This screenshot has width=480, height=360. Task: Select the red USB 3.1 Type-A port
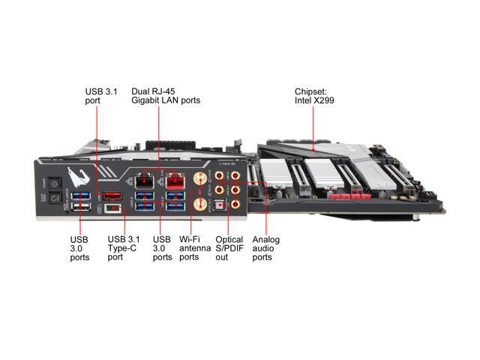[x=112, y=196]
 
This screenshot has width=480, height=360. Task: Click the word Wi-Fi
[x=188, y=239]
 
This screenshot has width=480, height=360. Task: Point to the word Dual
[x=140, y=90]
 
